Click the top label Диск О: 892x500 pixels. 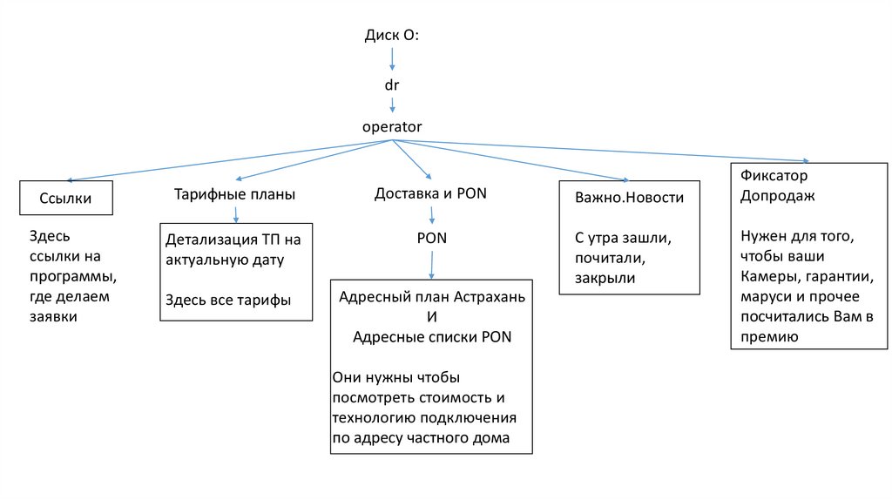(392, 36)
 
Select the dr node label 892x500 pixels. (392, 85)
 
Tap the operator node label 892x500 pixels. (392, 126)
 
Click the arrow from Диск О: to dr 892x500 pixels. (392, 59)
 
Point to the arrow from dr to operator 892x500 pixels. (392, 105)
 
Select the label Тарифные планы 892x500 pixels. (234, 194)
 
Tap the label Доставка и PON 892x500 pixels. (430, 193)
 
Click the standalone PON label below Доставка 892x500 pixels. (431, 238)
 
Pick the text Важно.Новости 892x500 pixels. (629, 198)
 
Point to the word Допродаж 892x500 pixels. (777, 195)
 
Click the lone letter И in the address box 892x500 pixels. (432, 317)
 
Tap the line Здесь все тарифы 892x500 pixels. (227, 301)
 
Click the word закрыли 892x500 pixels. (605, 279)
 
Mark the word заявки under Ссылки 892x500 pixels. (54, 317)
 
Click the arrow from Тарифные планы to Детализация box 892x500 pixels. (235, 213)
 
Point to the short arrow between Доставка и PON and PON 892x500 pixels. (431, 217)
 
